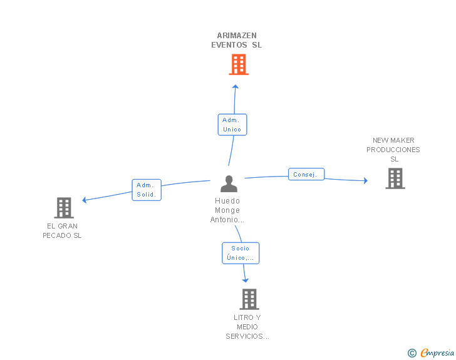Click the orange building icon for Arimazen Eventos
239,64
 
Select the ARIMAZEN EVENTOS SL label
236,40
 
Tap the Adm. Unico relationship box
232,125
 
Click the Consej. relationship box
306,174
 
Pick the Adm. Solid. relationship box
147,190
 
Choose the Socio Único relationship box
241,253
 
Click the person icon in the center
229,184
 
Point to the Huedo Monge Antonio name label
227,210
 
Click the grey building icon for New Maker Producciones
395,178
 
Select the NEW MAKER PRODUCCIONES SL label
393,150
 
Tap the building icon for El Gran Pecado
64,208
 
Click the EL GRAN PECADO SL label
62,231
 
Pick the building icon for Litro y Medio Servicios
249,299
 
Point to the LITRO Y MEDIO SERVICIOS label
247,327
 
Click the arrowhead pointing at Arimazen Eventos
236,86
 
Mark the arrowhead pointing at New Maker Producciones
366,180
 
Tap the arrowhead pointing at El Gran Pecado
85,200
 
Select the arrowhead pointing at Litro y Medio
246,280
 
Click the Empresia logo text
437,352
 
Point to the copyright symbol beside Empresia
412,353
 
